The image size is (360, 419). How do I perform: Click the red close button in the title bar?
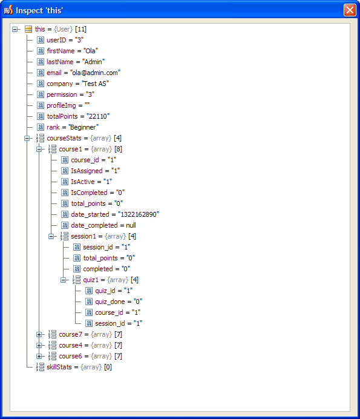(x=350, y=10)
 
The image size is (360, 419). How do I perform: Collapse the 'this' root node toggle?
(x=15, y=29)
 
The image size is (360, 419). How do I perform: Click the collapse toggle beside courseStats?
(x=27, y=138)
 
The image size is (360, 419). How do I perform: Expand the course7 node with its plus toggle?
(x=39, y=334)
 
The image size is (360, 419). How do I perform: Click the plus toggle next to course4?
(x=39, y=345)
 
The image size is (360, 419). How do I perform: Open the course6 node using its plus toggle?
(x=39, y=356)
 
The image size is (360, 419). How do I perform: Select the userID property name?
(x=56, y=40)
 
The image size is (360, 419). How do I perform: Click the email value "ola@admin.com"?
(x=96, y=73)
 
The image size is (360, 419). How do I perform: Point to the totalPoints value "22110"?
(x=98, y=116)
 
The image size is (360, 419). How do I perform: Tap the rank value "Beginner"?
(x=83, y=127)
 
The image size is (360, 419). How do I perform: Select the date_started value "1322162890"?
(x=139, y=214)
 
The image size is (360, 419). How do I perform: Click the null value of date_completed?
(x=131, y=225)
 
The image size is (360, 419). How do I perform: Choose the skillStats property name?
(x=59, y=367)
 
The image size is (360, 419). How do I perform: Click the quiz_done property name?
(x=110, y=302)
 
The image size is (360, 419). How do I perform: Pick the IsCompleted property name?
(x=89, y=193)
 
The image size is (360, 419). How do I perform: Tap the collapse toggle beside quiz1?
(x=64, y=280)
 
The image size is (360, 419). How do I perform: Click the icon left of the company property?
(x=41, y=84)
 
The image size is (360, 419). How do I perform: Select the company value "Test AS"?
(x=96, y=84)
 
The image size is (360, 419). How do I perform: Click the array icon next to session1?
(x=64, y=236)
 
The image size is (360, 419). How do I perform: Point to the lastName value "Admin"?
(x=93, y=62)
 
